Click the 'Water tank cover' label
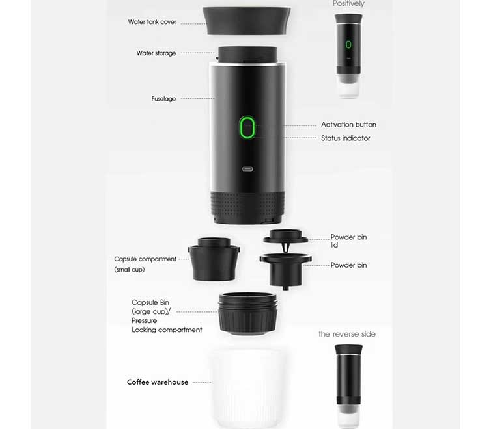[152, 22]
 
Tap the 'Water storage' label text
[156, 53]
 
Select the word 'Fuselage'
[163, 99]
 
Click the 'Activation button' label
[348, 125]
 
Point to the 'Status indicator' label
[345, 138]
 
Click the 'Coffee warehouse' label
[158, 382]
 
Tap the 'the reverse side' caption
[347, 334]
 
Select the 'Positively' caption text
[348, 3]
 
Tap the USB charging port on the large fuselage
[247, 169]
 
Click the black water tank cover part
[246, 21]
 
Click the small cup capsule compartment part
[214, 259]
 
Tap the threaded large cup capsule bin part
[247, 313]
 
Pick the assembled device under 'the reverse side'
[348, 386]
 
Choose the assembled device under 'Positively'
[348, 56]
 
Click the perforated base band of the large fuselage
[247, 206]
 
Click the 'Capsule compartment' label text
[145, 259]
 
